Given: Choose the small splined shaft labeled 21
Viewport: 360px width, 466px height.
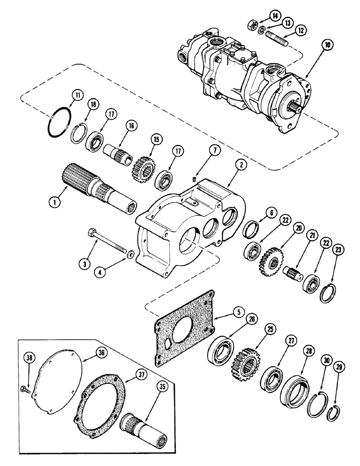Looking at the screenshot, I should [291, 273].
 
